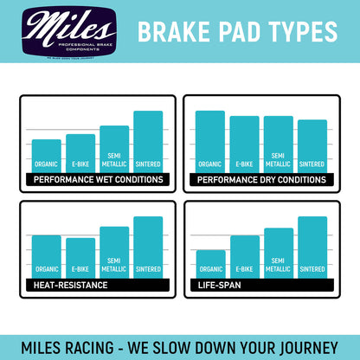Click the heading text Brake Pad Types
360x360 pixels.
coord(237,31)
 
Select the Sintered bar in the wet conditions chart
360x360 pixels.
coord(148,142)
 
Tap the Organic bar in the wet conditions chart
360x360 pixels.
coord(47,156)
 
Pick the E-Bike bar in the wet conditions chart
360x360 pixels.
coord(80,153)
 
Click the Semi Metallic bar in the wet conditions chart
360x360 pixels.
coord(114,149)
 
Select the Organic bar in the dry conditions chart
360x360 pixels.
coord(209,141)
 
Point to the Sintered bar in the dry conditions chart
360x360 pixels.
coord(312,145)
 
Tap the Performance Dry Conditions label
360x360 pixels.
coord(262,180)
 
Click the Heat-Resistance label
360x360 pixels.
coord(69,284)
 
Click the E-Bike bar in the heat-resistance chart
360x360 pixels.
coord(80,257)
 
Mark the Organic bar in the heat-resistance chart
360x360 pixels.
coord(47,255)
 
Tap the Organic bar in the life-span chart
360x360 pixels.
coord(210,263)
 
